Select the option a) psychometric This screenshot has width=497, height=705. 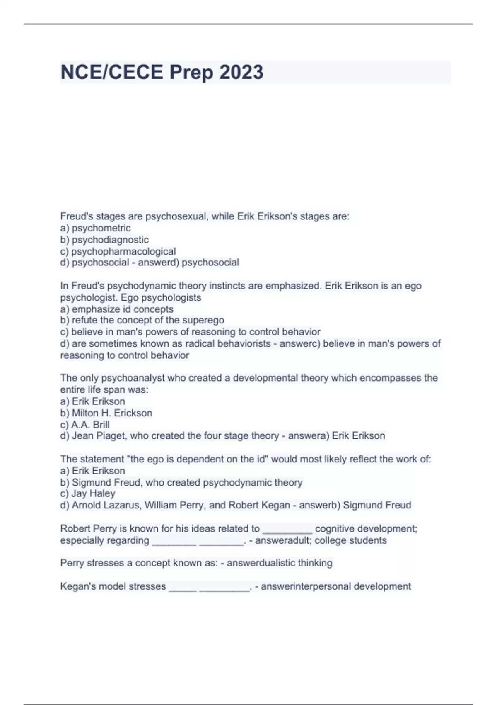[x=95, y=228]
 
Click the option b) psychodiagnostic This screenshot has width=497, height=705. [x=104, y=240]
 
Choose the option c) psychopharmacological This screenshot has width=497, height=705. [x=118, y=251]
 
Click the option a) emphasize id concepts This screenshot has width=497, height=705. [x=117, y=309]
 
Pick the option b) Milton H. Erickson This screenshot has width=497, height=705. [x=106, y=413]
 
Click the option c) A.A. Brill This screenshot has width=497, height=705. [x=85, y=425]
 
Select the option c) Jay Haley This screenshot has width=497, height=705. [x=88, y=494]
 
